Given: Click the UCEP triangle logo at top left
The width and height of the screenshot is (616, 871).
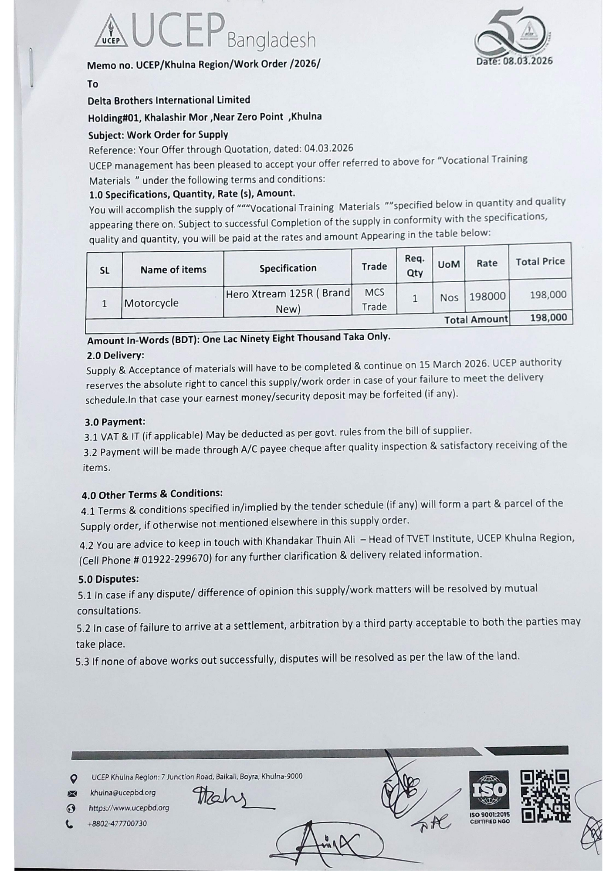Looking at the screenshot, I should pyautogui.click(x=111, y=31).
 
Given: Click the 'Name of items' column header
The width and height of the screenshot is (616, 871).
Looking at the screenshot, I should pyautogui.click(x=173, y=270).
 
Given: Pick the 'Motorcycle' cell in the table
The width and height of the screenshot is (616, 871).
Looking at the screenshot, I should pyautogui.click(x=151, y=303).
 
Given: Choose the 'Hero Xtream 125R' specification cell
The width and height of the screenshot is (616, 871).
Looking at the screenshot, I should pyautogui.click(x=288, y=301).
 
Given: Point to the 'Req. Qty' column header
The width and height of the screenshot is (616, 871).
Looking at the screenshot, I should pyautogui.click(x=414, y=265).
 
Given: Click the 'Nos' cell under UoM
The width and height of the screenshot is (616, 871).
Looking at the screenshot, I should pyautogui.click(x=449, y=297).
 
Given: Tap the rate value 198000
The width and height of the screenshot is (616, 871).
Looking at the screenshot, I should pyautogui.click(x=487, y=296).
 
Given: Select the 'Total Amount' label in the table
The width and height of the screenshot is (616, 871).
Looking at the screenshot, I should pyautogui.click(x=476, y=319).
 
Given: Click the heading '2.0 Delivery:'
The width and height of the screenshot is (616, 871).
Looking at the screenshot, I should pyautogui.click(x=115, y=355).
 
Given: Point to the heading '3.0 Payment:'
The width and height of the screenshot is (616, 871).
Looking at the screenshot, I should pyautogui.click(x=115, y=422).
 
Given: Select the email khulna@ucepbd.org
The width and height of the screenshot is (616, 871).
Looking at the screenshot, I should pyautogui.click(x=122, y=793).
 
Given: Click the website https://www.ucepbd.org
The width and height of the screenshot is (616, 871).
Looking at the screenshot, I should pyautogui.click(x=129, y=808).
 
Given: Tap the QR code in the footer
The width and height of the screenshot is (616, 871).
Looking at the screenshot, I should pyautogui.click(x=545, y=796).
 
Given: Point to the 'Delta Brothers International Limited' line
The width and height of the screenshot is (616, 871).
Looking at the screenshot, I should pyautogui.click(x=169, y=100).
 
